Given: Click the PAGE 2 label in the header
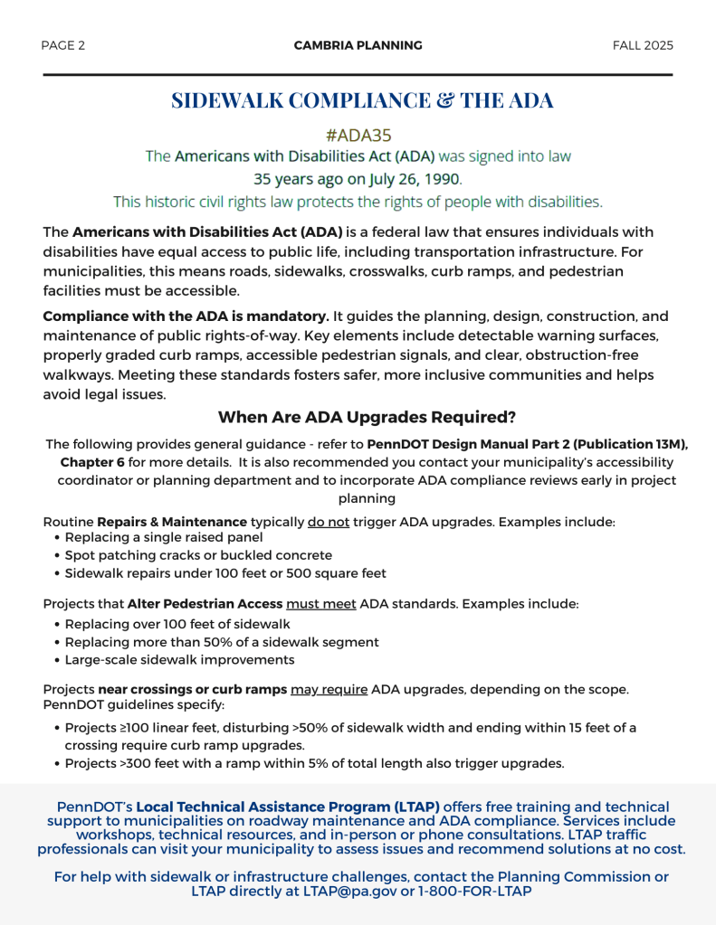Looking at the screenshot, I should [x=63, y=45].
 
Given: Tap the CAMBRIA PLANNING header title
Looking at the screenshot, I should [x=358, y=45].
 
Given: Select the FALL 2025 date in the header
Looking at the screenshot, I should [x=643, y=45].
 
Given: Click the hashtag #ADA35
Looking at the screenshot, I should [x=358, y=135].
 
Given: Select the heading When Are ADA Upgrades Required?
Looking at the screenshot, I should [x=367, y=417].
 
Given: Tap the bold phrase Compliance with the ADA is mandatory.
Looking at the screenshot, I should [x=186, y=316].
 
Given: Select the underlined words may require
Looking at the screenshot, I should [x=329, y=690].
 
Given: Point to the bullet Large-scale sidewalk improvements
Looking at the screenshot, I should [x=179, y=659].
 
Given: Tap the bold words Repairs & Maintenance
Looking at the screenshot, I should [x=172, y=522].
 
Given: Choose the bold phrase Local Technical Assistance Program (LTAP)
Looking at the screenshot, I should [x=288, y=807].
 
